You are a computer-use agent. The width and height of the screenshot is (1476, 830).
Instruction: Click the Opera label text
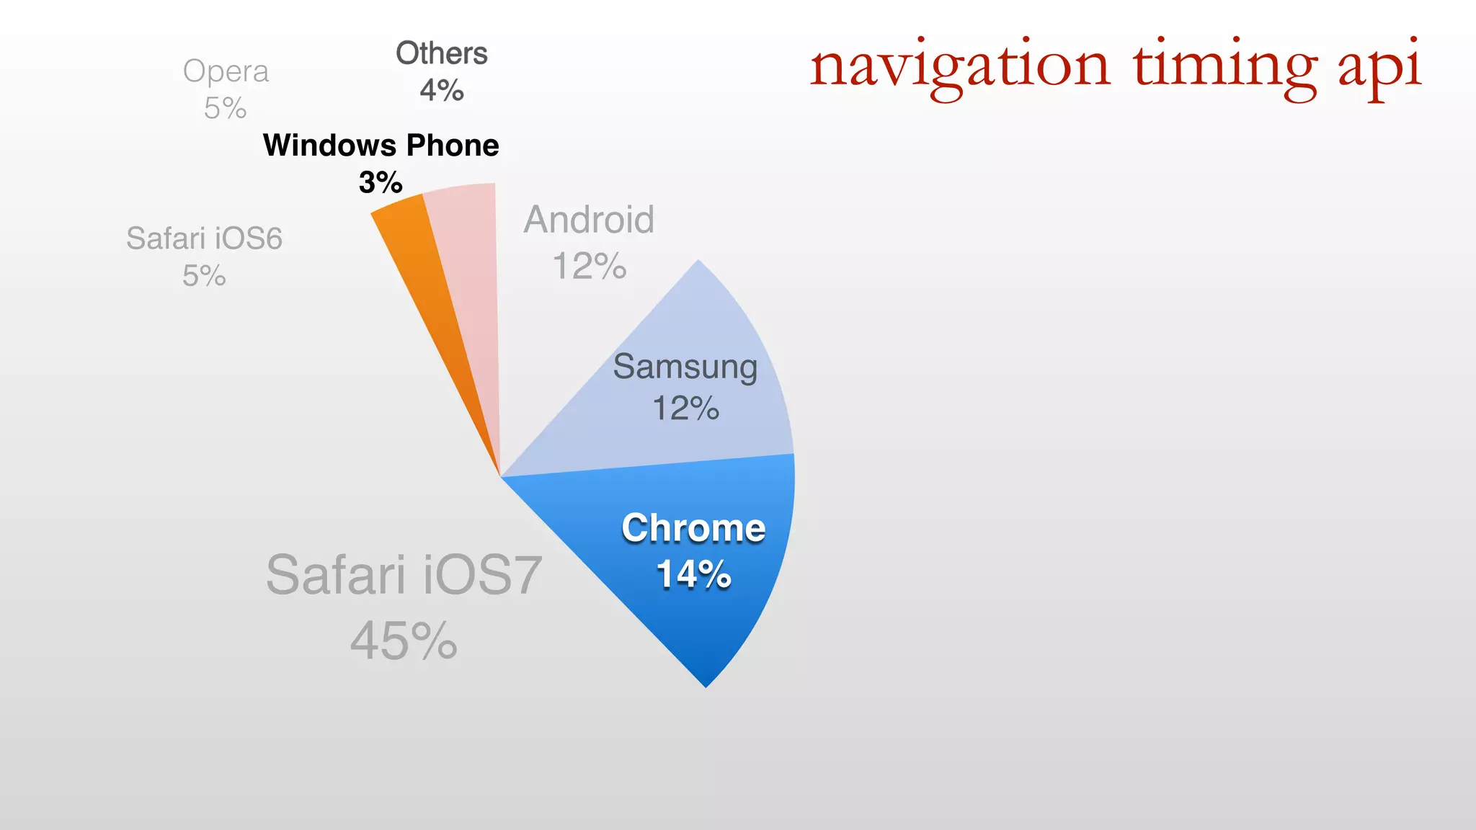click(x=226, y=71)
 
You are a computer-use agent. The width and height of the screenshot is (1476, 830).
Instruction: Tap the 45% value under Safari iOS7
click(x=404, y=641)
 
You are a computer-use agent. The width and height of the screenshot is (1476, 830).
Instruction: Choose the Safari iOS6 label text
click(x=204, y=238)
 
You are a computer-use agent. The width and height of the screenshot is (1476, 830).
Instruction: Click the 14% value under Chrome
click(x=693, y=574)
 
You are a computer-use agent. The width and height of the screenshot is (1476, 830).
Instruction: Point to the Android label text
click(x=589, y=220)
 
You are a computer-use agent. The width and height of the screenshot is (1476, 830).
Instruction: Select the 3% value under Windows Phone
click(x=381, y=182)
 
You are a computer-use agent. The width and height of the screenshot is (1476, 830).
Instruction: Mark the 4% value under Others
click(x=441, y=91)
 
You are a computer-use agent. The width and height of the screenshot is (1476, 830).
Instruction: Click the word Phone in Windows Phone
click(x=453, y=146)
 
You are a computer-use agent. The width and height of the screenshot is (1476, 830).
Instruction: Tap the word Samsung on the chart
click(x=685, y=367)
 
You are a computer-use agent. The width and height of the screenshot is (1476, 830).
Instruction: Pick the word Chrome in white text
click(x=693, y=528)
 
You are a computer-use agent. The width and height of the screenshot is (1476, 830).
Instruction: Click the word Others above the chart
click(x=441, y=53)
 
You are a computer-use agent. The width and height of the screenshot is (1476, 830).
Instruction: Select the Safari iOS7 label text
click(x=404, y=575)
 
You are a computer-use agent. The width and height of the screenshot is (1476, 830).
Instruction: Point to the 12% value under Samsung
click(x=685, y=409)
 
